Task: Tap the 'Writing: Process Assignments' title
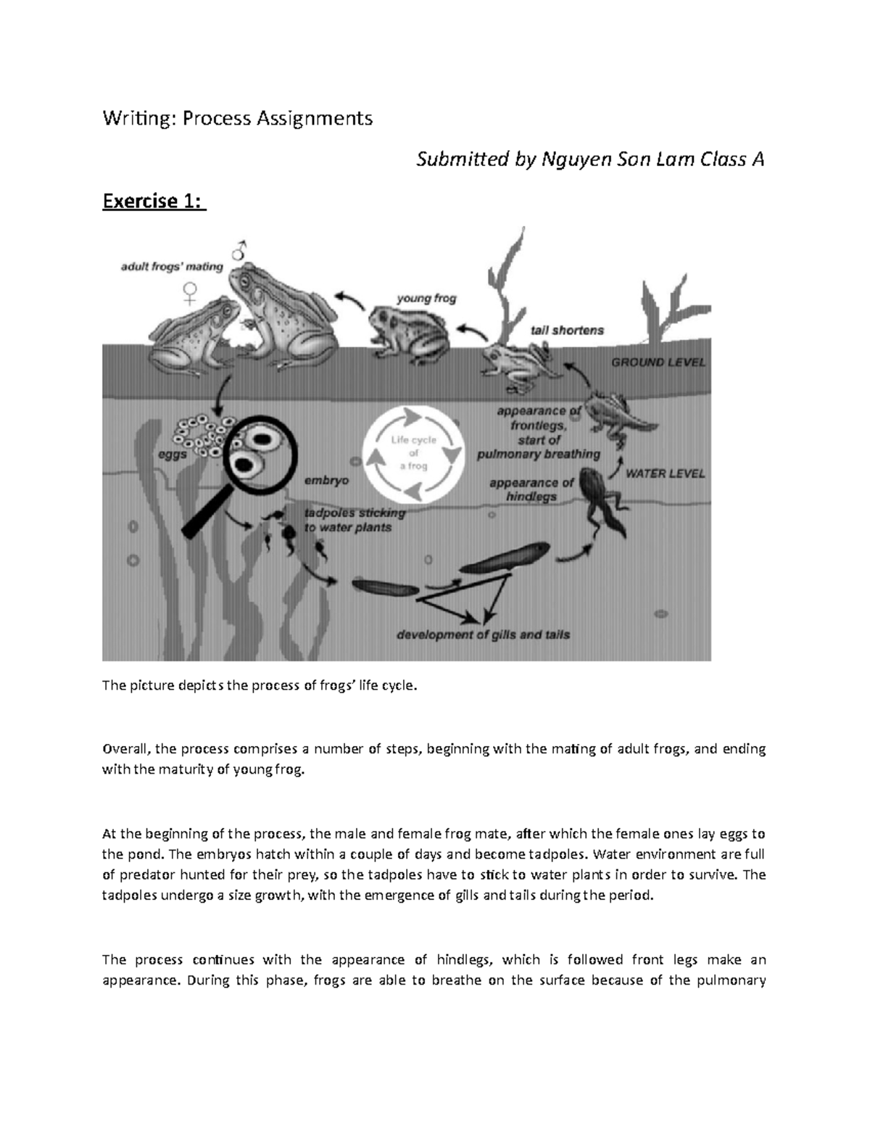pyautogui.click(x=237, y=118)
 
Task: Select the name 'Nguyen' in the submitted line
pyautogui.click(x=572, y=160)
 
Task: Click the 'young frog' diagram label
pyautogui.click(x=426, y=298)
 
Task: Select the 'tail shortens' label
pyautogui.click(x=567, y=330)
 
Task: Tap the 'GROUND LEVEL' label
pyautogui.click(x=658, y=363)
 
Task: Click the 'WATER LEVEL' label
pyautogui.click(x=665, y=473)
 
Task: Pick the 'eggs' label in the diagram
pyautogui.click(x=173, y=454)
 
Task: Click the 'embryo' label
pyautogui.click(x=326, y=480)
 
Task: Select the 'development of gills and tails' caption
pyautogui.click(x=483, y=634)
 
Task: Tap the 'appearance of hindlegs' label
pyautogui.click(x=531, y=489)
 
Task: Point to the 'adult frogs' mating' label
pyautogui.click(x=171, y=266)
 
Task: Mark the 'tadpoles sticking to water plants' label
pyautogui.click(x=353, y=520)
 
